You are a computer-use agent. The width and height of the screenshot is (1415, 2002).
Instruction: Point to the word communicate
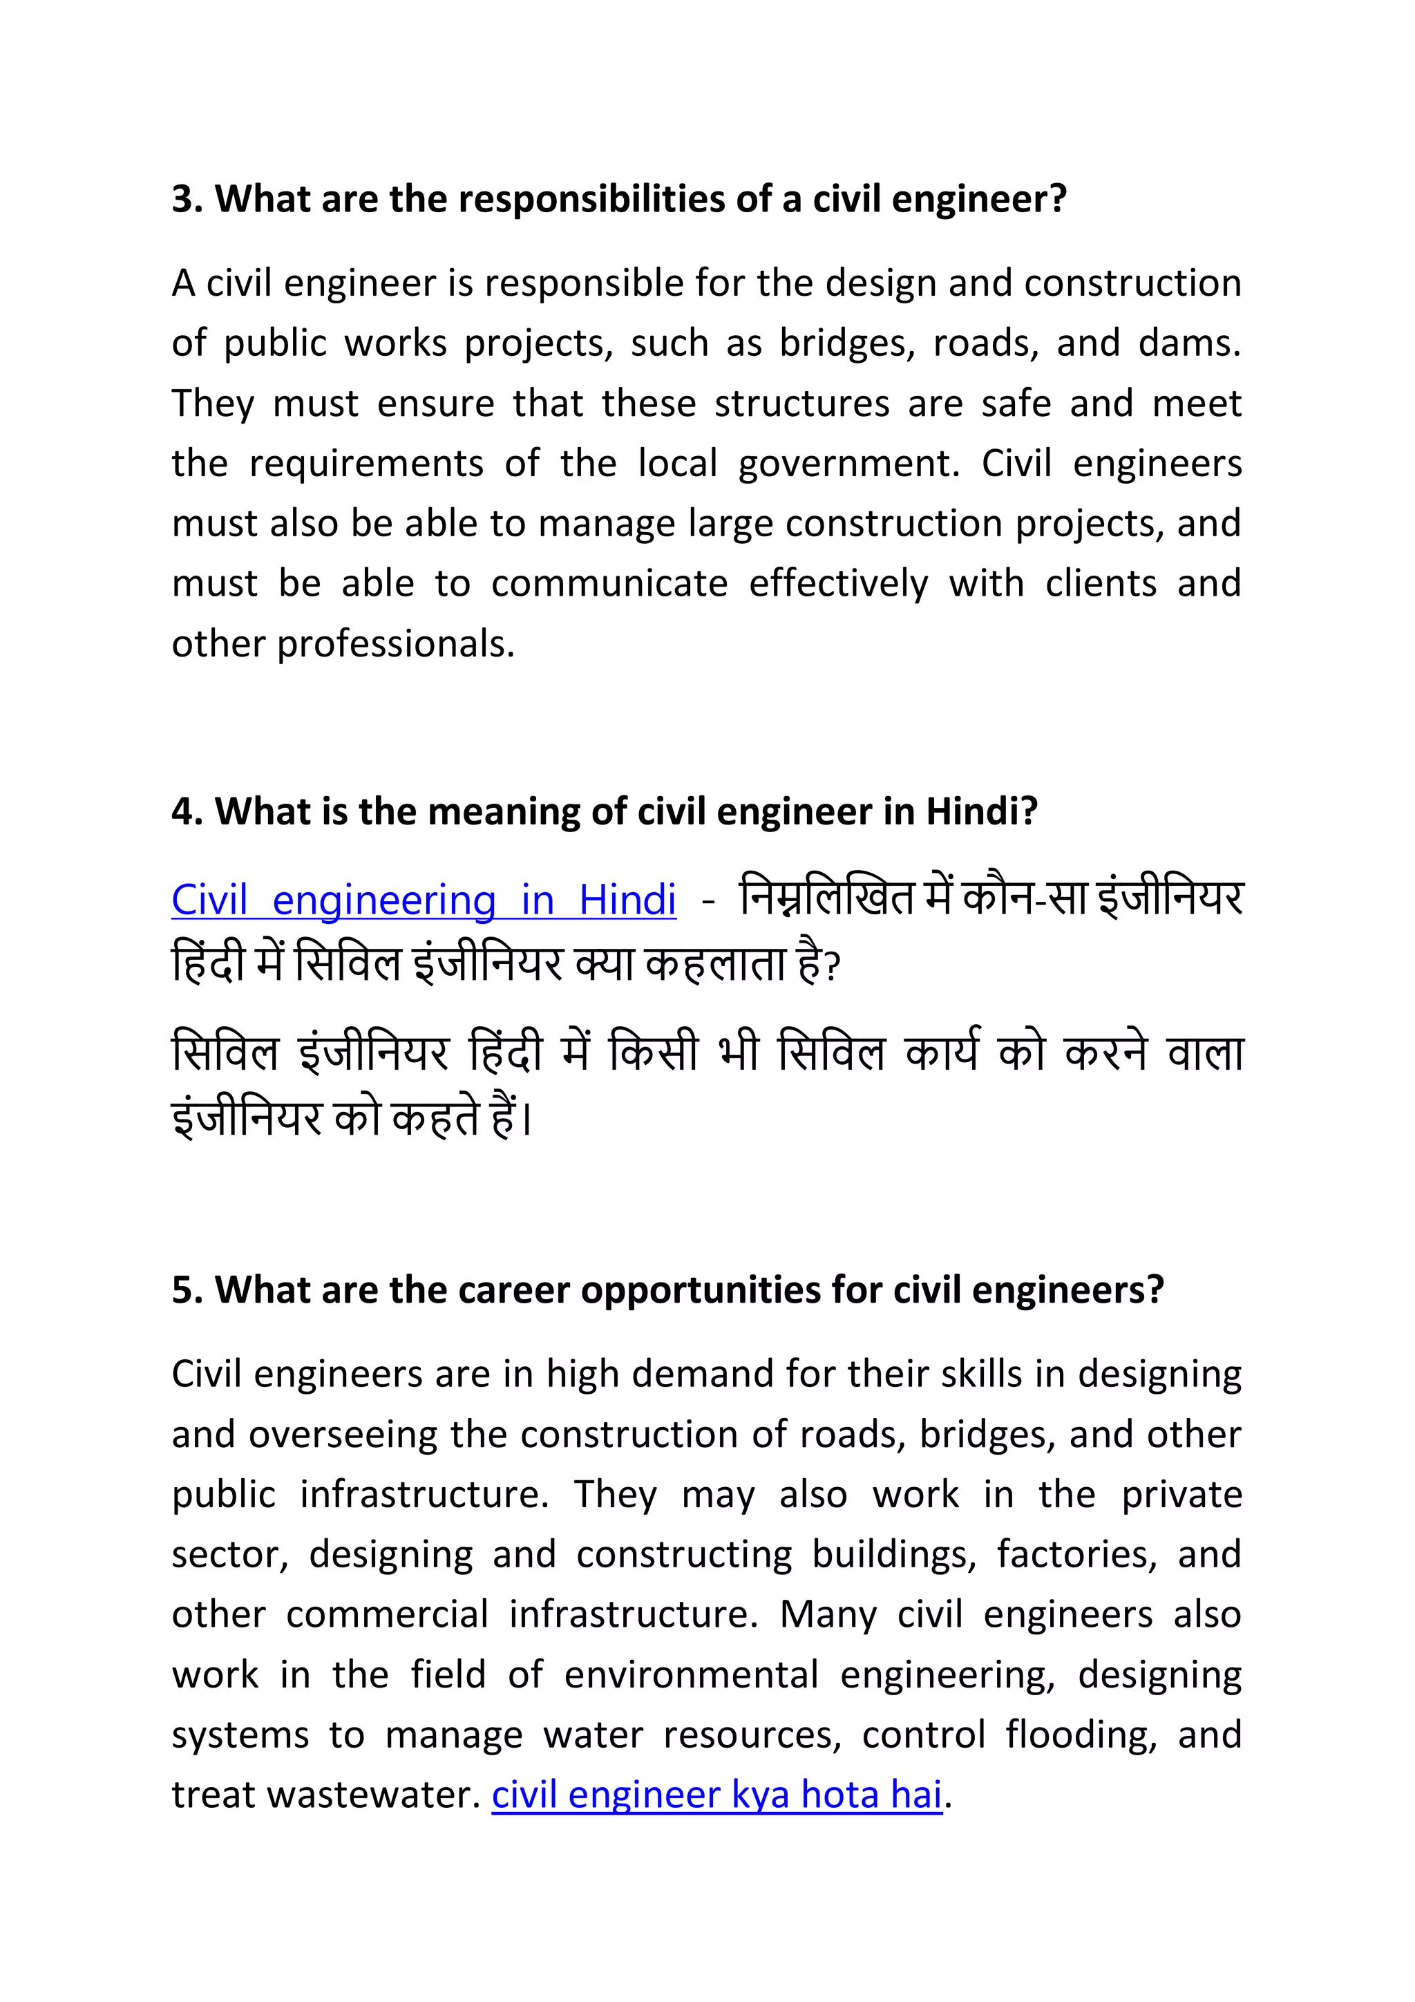(x=609, y=584)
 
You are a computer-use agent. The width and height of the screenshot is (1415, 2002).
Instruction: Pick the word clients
(x=1100, y=584)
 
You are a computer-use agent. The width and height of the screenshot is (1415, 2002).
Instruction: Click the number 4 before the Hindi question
(x=181, y=812)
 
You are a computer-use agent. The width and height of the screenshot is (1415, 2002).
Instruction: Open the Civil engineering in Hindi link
(x=424, y=900)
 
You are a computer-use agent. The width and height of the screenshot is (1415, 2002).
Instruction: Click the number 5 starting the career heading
(x=181, y=1290)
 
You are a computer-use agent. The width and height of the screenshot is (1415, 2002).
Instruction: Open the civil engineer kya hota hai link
(x=716, y=1795)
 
